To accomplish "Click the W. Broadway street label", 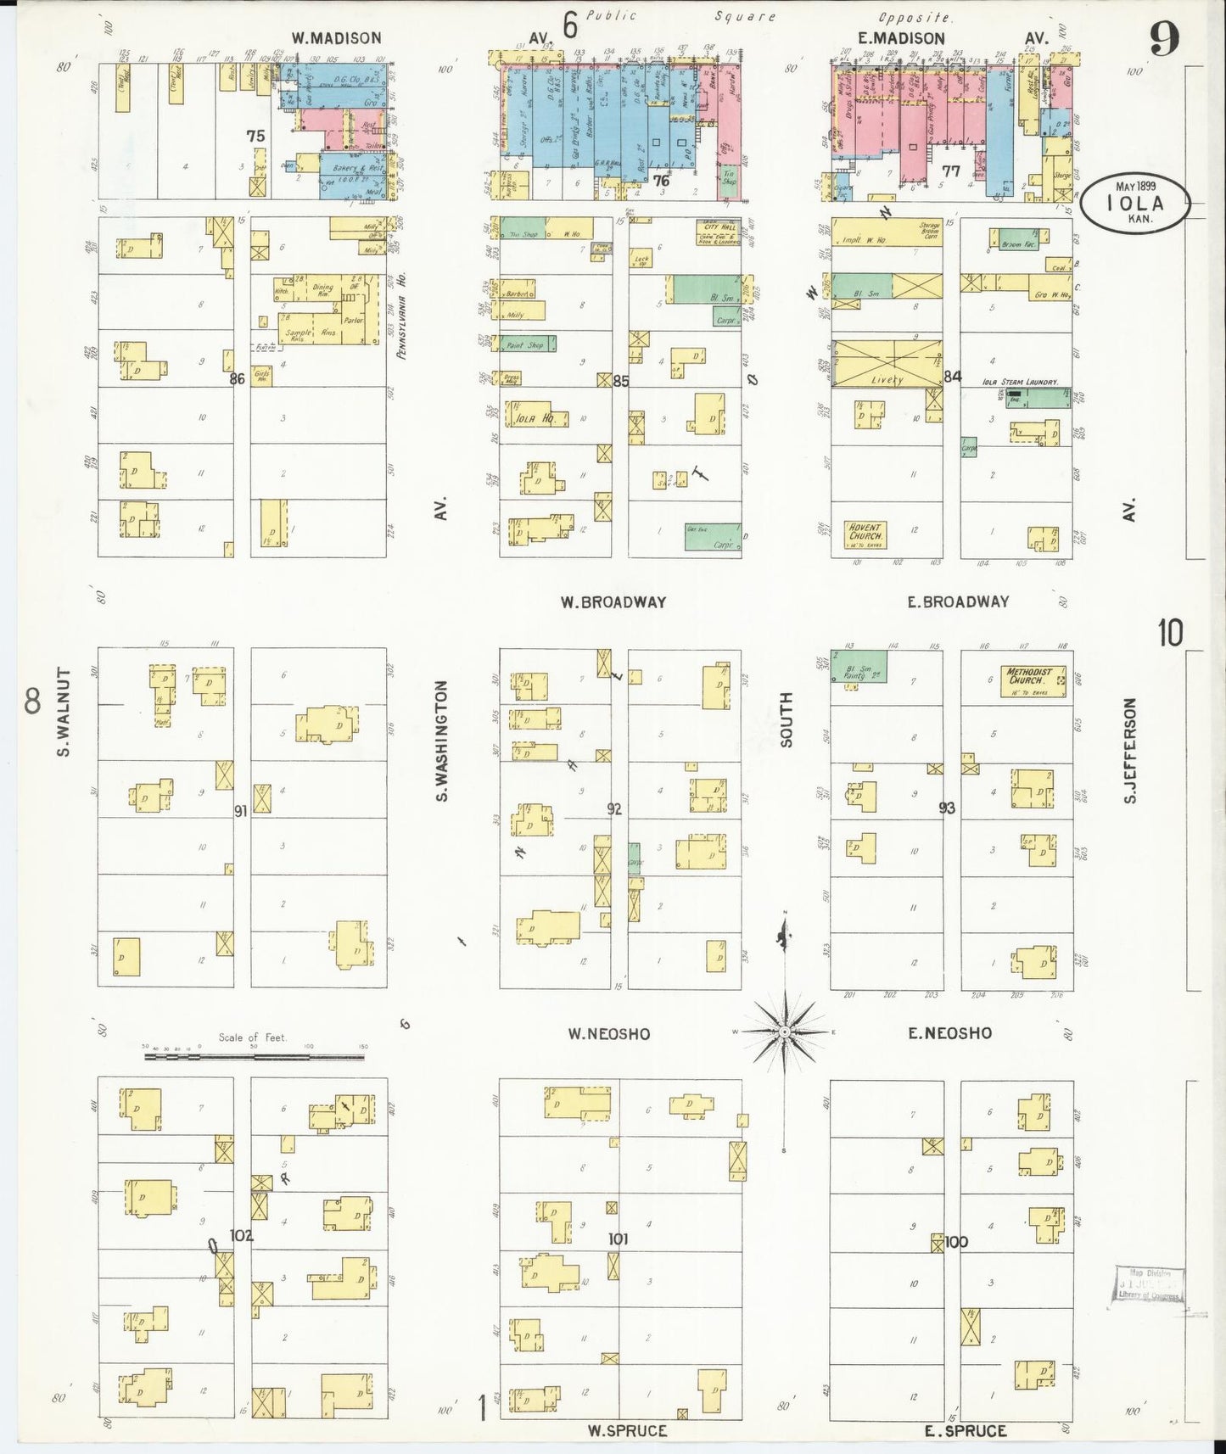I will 613,602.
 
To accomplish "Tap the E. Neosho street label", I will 949,1033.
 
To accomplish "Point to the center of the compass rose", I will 786,1032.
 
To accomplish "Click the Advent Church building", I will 865,533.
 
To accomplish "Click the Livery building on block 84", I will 887,365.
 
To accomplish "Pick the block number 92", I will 614,809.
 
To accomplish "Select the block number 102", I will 242,1236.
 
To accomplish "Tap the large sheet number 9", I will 1164,41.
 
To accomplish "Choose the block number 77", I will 951,171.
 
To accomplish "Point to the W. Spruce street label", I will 628,1431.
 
